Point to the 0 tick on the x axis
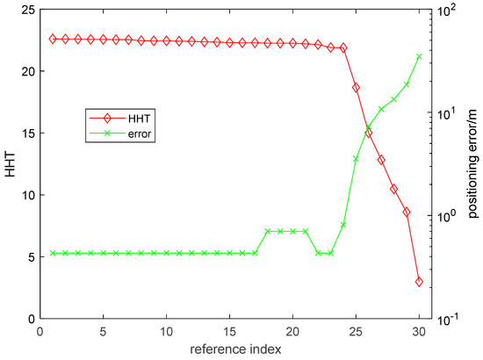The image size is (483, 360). click(x=40, y=332)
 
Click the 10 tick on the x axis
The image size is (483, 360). click(x=166, y=332)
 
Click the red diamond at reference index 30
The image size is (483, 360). click(x=419, y=282)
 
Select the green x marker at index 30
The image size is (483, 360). click(x=419, y=56)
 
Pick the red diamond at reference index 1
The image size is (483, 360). click(x=53, y=39)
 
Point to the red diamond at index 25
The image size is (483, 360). click(x=356, y=87)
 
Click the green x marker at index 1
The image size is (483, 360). click(x=53, y=253)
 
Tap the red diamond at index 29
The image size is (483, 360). click(x=407, y=212)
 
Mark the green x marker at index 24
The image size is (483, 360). click(x=343, y=225)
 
